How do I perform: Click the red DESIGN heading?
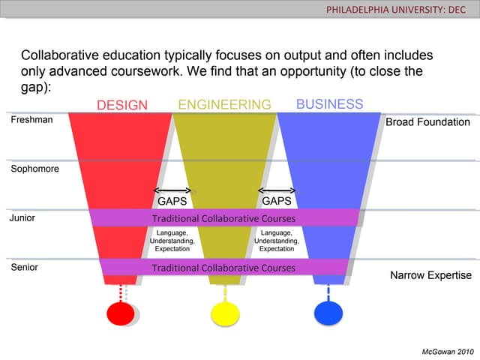coord(122,105)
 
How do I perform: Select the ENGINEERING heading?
coord(225,105)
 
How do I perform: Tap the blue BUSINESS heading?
coord(330,104)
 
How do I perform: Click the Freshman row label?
coord(31,120)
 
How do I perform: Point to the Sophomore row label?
coord(35,169)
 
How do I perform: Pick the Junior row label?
coord(22,218)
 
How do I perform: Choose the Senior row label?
coord(25,267)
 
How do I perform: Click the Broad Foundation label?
coord(427,122)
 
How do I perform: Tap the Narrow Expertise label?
coord(430,275)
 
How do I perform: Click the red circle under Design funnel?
coord(121,313)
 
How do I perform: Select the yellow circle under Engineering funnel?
coord(225,314)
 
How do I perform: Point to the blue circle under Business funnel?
coord(328,313)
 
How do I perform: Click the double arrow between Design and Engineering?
coord(172,190)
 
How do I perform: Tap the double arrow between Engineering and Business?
coord(277,190)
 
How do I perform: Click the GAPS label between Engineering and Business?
coord(277,201)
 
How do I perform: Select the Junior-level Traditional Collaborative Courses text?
coord(223,218)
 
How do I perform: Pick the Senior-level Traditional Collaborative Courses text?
coord(223,268)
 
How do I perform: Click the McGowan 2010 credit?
coord(448,352)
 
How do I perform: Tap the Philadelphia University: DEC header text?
coord(395,10)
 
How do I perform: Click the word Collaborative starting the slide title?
coord(60,55)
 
